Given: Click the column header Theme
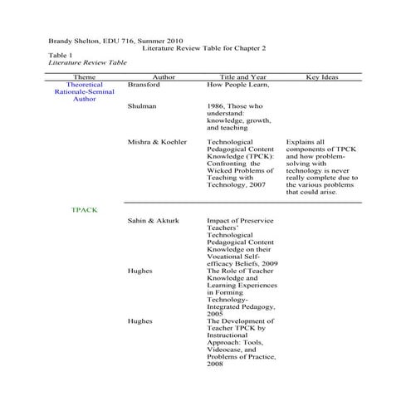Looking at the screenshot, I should (85, 76).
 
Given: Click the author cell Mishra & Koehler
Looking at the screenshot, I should (158, 143).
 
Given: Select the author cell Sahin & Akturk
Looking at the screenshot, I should (153, 222).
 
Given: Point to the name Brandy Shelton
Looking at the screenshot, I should (74, 40).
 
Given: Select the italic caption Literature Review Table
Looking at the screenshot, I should (87, 62).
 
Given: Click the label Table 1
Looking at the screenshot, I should (61, 55).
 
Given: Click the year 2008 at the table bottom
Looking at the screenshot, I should (215, 365).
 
